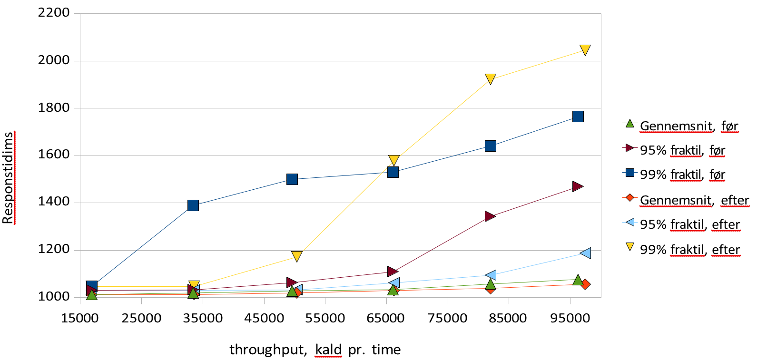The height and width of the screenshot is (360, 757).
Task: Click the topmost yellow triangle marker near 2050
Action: (585, 50)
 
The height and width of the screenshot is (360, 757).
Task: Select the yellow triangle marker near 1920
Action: (491, 79)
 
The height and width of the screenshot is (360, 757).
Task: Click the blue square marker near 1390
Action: (193, 205)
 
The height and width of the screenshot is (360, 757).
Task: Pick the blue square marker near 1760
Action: (578, 117)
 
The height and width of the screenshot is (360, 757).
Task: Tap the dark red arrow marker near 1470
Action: (578, 186)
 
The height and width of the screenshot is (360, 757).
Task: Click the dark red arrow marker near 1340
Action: (490, 216)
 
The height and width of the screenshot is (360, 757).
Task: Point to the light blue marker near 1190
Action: (585, 253)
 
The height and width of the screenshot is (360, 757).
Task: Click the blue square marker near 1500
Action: (292, 179)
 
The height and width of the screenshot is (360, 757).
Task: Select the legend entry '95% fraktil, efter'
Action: (689, 224)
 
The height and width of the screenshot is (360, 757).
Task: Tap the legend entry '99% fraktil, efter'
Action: (689, 250)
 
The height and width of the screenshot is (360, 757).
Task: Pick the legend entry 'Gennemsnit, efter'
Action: (694, 200)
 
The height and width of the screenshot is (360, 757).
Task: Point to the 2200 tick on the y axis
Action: (54, 13)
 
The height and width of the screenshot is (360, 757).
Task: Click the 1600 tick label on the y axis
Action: (54, 155)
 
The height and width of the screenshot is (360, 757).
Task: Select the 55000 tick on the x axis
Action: (325, 318)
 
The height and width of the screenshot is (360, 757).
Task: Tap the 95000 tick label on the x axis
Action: (570, 318)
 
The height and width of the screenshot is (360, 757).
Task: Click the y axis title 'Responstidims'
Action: (8, 177)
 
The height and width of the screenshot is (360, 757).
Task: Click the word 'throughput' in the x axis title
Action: (267, 350)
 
